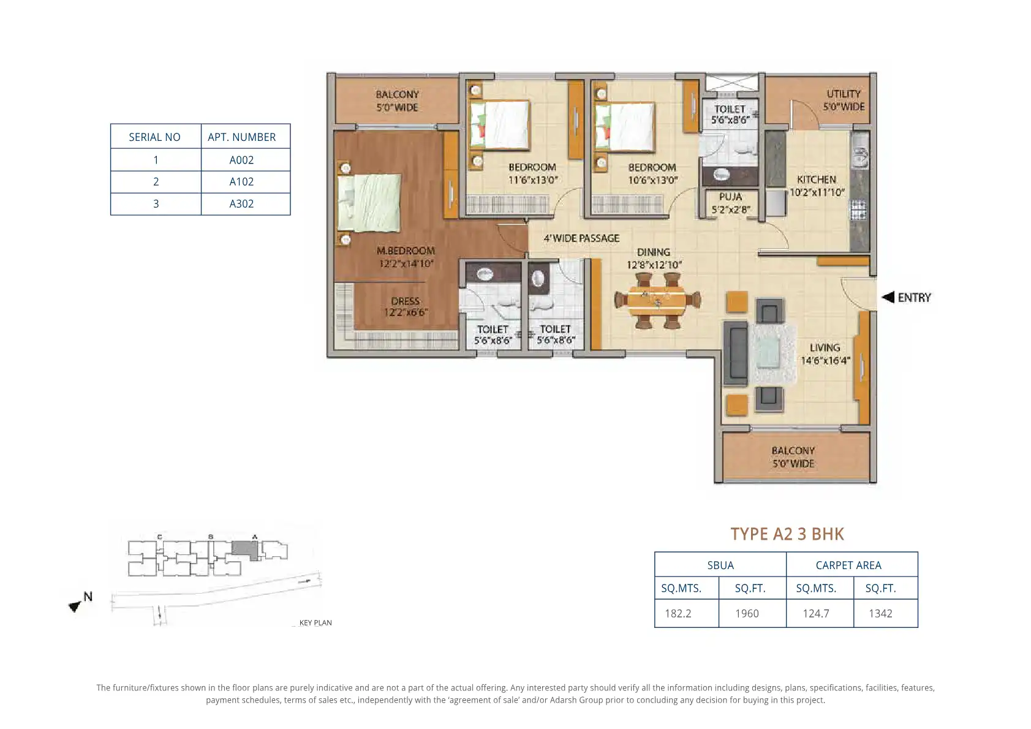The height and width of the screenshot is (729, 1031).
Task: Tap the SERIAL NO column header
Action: click(155, 137)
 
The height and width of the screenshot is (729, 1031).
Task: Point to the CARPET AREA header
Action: click(848, 565)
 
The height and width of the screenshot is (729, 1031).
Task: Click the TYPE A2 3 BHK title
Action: click(787, 534)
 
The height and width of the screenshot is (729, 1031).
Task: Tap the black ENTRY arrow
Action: click(888, 297)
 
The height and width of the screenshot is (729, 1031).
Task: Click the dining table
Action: click(657, 300)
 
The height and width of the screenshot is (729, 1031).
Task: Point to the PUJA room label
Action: click(730, 197)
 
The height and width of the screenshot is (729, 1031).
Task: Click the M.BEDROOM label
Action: click(406, 251)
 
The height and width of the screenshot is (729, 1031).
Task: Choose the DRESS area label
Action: click(405, 301)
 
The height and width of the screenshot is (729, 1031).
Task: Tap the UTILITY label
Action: click(843, 94)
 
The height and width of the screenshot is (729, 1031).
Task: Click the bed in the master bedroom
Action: click(369, 202)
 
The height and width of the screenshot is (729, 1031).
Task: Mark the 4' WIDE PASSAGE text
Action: click(581, 238)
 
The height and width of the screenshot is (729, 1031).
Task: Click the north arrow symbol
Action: click(75, 606)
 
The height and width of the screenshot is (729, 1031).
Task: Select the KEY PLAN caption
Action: click(315, 622)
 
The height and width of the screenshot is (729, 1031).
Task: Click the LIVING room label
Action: click(825, 348)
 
